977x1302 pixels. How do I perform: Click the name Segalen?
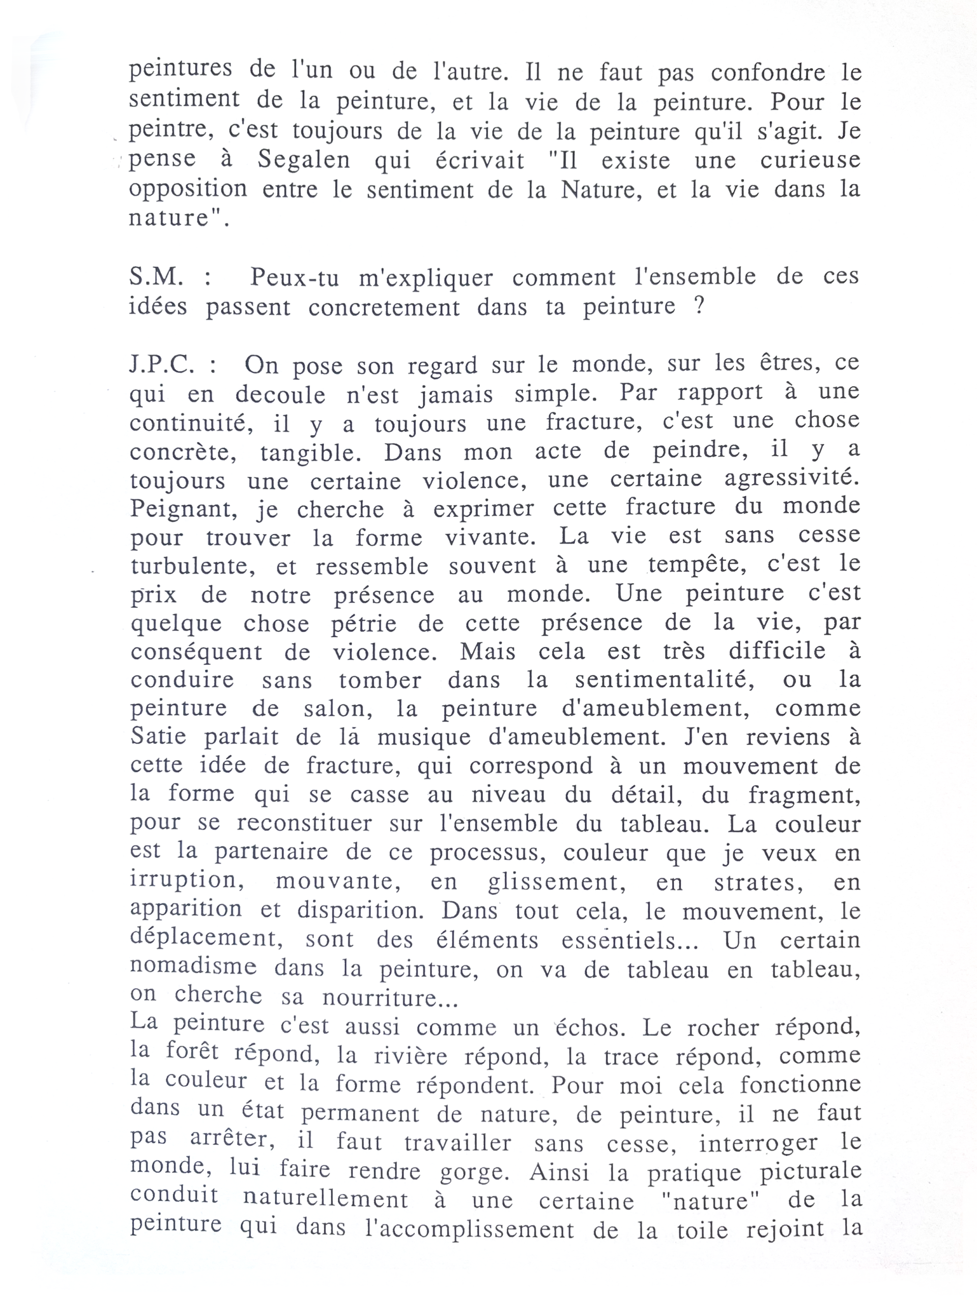(303, 160)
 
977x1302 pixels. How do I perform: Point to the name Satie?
(158, 737)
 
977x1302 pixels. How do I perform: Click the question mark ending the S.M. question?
(699, 307)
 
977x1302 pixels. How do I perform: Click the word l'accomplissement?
(469, 1230)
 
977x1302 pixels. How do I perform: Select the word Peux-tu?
(294, 277)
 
